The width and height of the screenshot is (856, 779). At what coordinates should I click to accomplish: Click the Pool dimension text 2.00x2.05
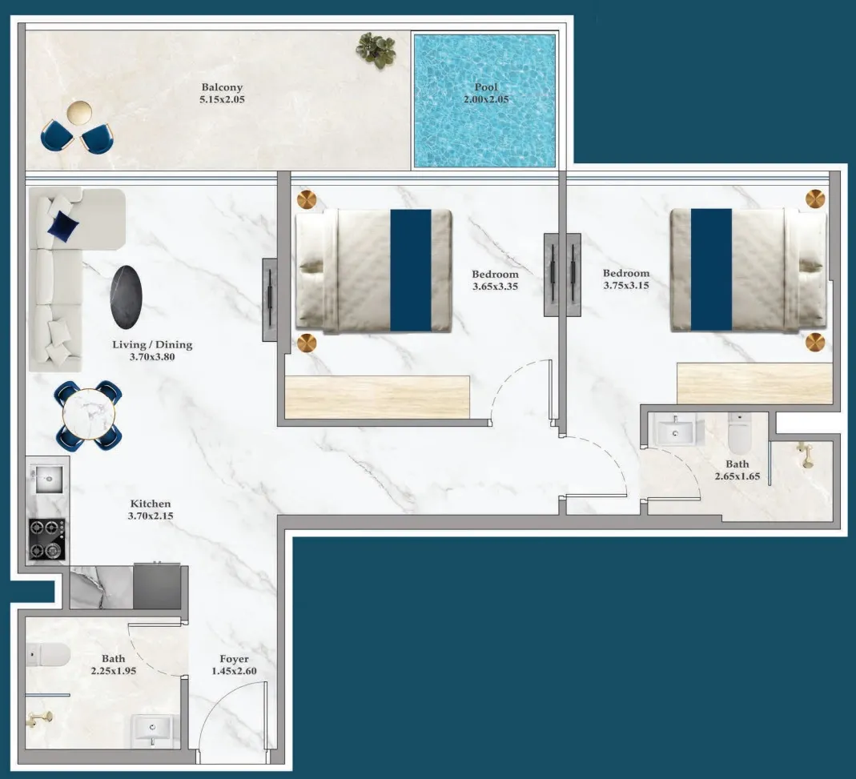pos(485,100)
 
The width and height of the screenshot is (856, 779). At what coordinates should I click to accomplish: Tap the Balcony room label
pos(222,87)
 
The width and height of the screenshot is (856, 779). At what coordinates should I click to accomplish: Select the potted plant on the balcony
pos(376,49)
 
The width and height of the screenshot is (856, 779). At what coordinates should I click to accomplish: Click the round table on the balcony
pos(80,112)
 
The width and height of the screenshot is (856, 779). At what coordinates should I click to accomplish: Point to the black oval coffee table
pos(128,297)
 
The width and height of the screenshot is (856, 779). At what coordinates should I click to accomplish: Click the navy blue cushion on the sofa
pos(63,228)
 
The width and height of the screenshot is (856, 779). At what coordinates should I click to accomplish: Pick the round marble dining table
pos(89,414)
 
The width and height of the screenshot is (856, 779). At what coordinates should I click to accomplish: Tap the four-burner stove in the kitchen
pos(47,539)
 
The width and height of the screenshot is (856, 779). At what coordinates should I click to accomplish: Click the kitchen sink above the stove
pos(46,481)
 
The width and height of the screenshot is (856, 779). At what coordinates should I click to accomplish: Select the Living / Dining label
pos(152,345)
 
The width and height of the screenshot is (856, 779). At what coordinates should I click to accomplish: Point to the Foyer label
pos(234,659)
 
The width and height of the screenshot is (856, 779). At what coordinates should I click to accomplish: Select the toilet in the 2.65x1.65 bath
pos(738,433)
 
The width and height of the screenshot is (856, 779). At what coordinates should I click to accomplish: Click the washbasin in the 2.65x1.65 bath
pos(677,432)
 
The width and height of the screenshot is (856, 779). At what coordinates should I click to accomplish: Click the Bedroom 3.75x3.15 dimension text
pos(626,285)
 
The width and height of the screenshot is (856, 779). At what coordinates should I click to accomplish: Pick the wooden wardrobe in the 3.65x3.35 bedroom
pos(377,396)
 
